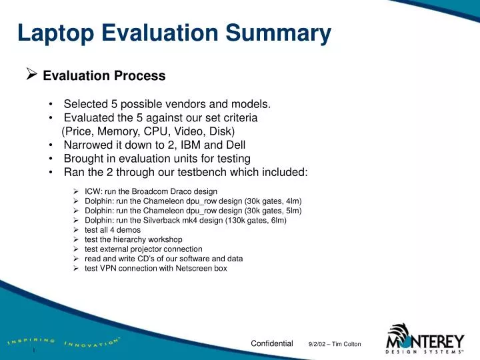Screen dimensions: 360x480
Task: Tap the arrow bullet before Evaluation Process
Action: (31, 75)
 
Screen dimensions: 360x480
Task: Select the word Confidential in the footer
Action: (271, 343)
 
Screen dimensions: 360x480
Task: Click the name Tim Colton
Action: (349, 344)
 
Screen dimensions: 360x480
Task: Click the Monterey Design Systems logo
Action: (425, 337)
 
